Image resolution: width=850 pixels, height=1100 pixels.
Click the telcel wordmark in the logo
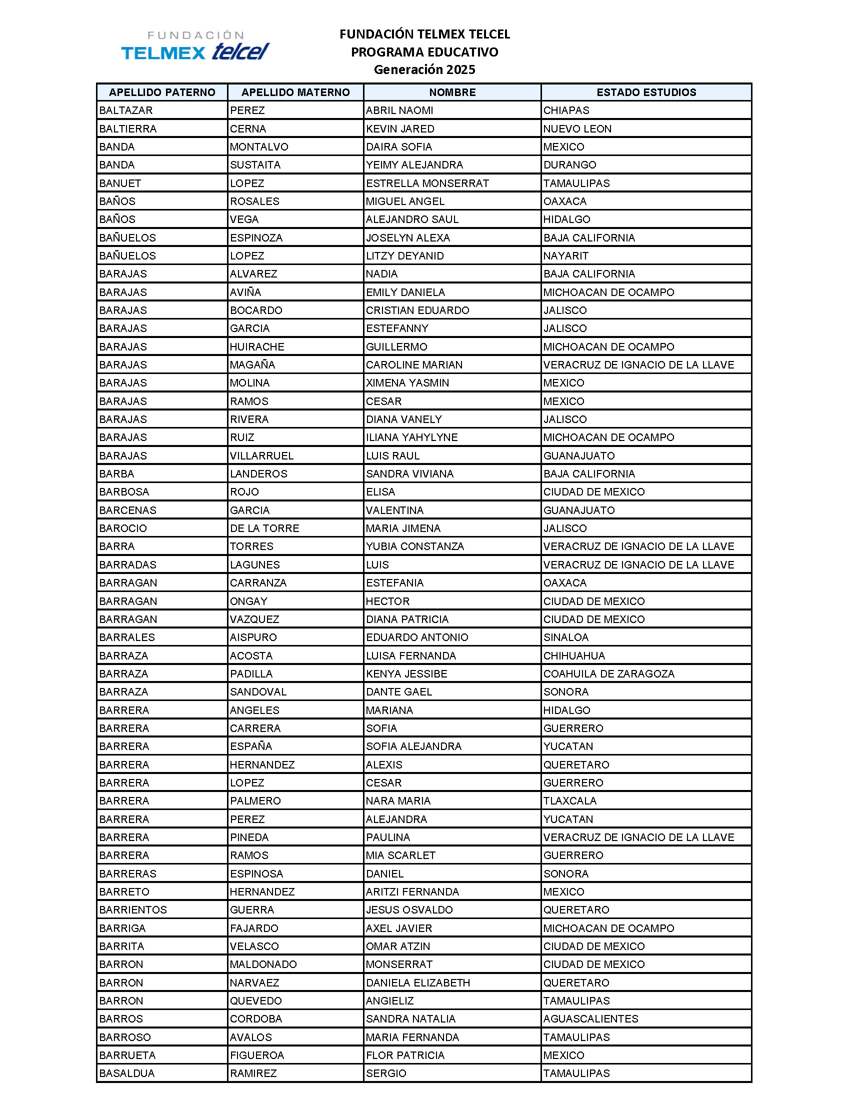[x=240, y=51]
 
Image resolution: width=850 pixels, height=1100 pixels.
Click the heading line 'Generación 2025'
[x=424, y=69]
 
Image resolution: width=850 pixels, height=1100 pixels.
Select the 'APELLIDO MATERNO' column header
[x=295, y=92]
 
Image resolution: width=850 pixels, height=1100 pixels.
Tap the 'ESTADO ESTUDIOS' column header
[x=646, y=92]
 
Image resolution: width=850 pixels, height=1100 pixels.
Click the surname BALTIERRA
[x=128, y=129]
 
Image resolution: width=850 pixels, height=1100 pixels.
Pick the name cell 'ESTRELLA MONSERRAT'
[x=427, y=183]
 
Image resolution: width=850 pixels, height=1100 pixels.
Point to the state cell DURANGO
[x=569, y=165]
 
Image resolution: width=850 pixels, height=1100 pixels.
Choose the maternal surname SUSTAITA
[x=255, y=165]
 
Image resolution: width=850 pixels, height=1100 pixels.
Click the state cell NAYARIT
[x=565, y=256]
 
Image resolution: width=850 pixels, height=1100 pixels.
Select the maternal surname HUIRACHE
[x=257, y=347]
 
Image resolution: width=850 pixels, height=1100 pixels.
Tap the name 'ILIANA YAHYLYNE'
[x=412, y=437]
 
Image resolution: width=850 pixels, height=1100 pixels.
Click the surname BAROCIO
[x=123, y=528]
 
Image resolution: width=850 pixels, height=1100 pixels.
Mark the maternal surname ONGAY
[x=249, y=601]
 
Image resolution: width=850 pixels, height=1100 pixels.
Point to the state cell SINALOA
[x=566, y=637]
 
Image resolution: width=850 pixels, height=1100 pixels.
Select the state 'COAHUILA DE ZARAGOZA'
[x=609, y=674]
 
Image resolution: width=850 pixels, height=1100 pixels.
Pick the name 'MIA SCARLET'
[x=401, y=855]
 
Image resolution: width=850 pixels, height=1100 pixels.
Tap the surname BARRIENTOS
[x=133, y=909]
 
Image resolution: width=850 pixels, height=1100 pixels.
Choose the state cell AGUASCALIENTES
[x=590, y=1019]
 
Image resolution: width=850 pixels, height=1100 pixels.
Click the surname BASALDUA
[x=127, y=1073]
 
